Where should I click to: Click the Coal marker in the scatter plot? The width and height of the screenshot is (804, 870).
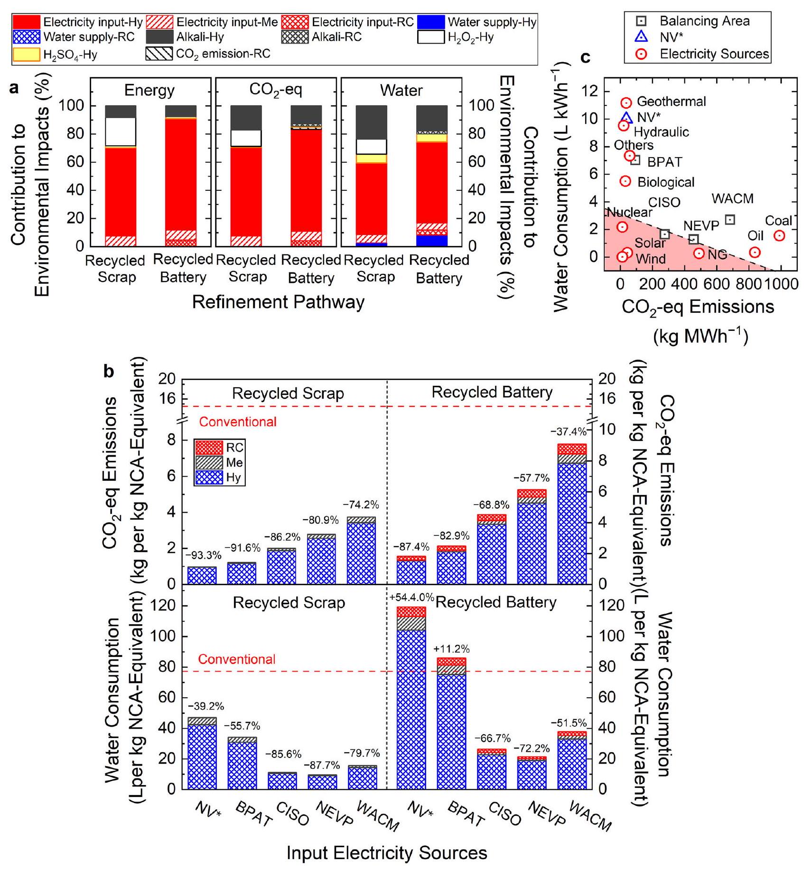[779, 236]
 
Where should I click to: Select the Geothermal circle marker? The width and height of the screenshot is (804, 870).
[626, 103]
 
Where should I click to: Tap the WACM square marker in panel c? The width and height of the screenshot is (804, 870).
[730, 220]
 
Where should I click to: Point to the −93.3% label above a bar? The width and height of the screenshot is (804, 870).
[203, 555]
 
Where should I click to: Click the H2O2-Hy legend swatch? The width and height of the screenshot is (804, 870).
[431, 37]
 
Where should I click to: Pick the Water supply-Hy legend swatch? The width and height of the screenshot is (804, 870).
[431, 22]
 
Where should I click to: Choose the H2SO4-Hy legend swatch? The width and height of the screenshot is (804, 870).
[26, 55]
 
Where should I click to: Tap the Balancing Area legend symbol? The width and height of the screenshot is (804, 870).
[641, 21]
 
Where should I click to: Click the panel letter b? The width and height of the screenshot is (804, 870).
[109, 372]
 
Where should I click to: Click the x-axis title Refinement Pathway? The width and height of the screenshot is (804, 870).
[278, 302]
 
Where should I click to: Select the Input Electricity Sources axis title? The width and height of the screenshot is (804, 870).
[387, 853]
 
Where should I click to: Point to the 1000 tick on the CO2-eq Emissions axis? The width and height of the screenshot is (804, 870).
[781, 284]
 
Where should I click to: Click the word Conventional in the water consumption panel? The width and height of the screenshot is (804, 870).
[237, 659]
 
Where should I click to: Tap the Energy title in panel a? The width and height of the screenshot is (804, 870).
[149, 90]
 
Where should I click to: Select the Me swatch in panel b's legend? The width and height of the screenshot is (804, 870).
[208, 463]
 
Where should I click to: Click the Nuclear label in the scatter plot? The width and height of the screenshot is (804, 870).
[630, 213]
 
